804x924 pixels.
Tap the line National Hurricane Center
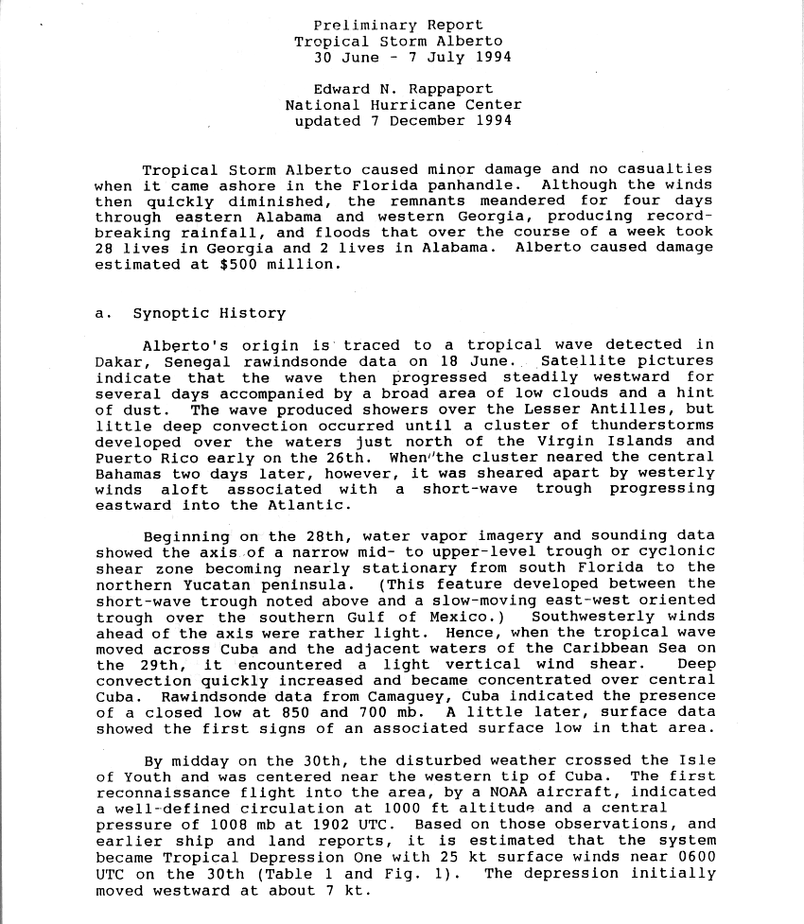pos(403,105)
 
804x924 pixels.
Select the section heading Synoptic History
pos(208,313)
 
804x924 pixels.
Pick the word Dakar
pos(118,361)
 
